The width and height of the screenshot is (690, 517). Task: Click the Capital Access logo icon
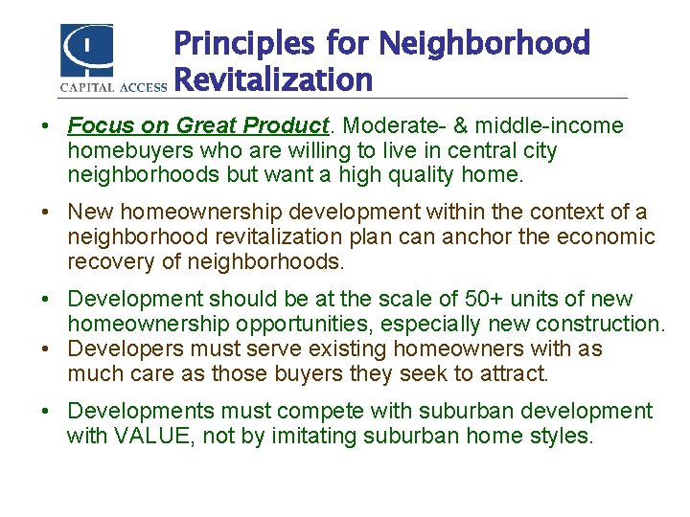[x=86, y=50]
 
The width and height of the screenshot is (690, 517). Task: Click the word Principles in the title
[x=243, y=43]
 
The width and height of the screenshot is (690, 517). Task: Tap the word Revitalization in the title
[x=273, y=80]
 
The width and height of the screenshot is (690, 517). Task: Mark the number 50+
[x=507, y=300]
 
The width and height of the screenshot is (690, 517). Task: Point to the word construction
[x=606, y=325]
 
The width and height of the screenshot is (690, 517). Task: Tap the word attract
[x=517, y=373]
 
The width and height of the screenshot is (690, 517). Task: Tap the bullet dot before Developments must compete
[x=46, y=413]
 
